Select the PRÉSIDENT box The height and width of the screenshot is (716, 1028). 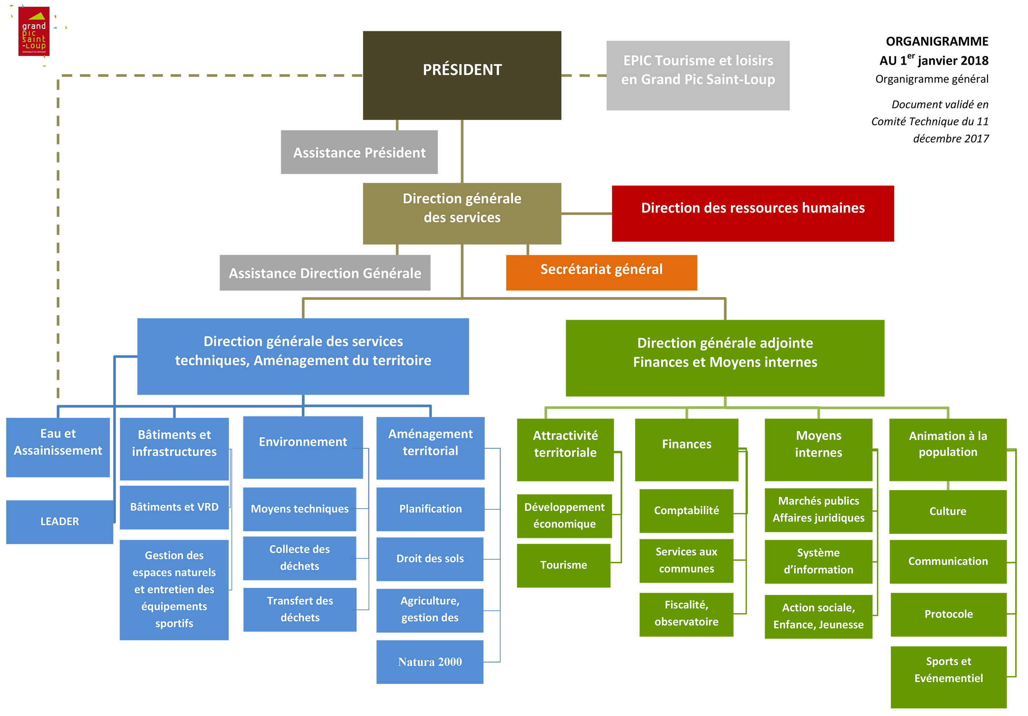(x=461, y=75)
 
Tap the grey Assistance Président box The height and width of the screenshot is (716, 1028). (x=359, y=152)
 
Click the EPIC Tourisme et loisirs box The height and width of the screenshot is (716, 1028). (x=698, y=75)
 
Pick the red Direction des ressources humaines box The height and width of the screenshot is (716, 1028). (x=753, y=213)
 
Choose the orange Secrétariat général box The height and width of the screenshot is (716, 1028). (x=601, y=272)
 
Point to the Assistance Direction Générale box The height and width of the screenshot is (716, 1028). (x=325, y=273)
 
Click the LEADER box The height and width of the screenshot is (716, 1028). (x=59, y=522)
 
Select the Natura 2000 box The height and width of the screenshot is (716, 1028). (x=430, y=662)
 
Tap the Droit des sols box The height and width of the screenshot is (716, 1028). (x=430, y=559)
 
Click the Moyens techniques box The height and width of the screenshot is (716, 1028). (x=299, y=509)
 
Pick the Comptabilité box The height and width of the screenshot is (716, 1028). (x=686, y=511)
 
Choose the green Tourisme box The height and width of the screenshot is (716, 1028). (x=563, y=565)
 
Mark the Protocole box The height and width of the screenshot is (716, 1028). (x=948, y=614)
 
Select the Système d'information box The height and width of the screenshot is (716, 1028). (x=818, y=561)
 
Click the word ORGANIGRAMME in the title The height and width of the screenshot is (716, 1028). (x=937, y=41)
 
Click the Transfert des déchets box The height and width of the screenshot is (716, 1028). (x=300, y=610)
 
